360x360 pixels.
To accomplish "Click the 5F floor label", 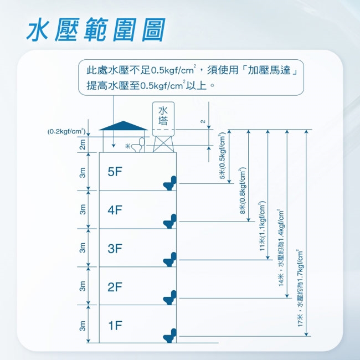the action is click(x=115, y=172).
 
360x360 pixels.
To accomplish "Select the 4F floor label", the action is click(x=115, y=210).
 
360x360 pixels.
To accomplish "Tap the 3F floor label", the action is click(x=115, y=249).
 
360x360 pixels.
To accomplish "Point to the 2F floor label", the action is click(x=115, y=287).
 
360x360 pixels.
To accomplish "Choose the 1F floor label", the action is click(x=115, y=325).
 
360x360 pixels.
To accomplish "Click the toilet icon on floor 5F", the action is click(x=170, y=183).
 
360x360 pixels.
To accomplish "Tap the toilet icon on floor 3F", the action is click(x=170, y=259).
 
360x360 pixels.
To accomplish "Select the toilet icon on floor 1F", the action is click(x=170, y=336).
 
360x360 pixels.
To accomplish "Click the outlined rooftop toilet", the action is click(x=138, y=145).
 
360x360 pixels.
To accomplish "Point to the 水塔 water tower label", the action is click(x=163, y=116).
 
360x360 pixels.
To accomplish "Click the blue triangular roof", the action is click(x=124, y=126).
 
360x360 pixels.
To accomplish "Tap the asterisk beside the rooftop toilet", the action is click(x=127, y=146).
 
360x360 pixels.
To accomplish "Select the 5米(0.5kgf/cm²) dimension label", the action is click(x=222, y=156).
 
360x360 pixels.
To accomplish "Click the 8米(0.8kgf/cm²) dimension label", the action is click(x=243, y=191).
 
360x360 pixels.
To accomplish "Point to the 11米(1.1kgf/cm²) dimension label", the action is click(x=262, y=226).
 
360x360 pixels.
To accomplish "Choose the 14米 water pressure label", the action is click(x=281, y=248).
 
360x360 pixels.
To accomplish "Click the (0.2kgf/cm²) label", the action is click(x=66, y=132).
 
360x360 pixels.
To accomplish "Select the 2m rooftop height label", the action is click(x=83, y=145).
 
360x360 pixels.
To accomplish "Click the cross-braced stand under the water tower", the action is click(x=163, y=144).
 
